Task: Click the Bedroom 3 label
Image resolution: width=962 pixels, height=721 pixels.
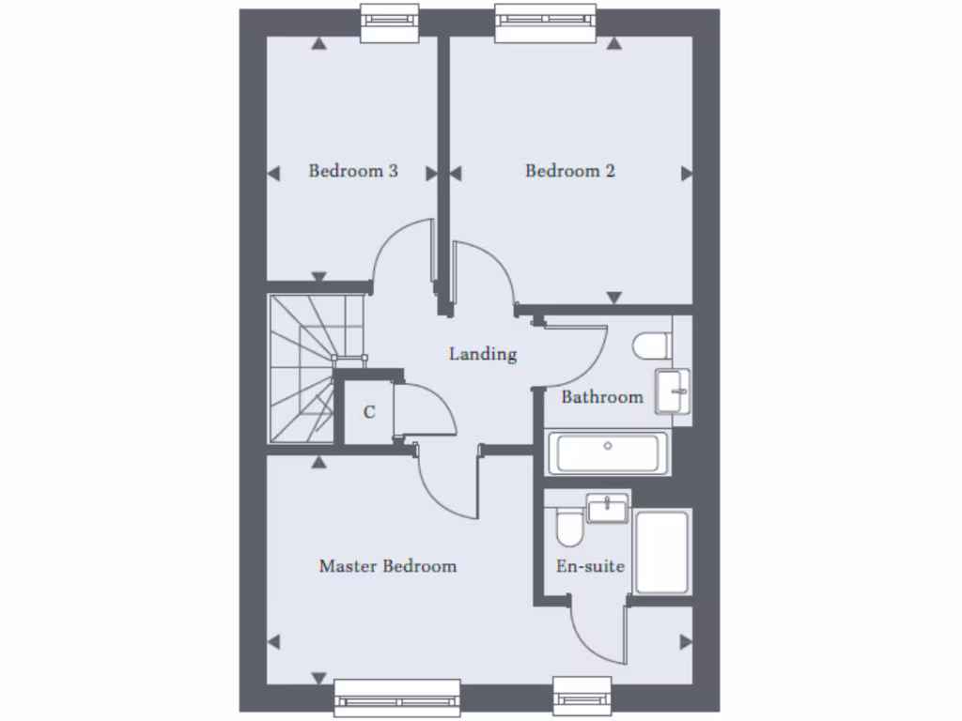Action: tap(353, 171)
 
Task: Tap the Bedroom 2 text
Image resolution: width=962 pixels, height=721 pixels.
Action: tap(570, 171)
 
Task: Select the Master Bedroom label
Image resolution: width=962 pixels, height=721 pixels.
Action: tap(387, 566)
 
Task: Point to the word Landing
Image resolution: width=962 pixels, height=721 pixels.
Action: tap(483, 354)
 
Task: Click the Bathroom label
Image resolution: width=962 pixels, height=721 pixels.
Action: tap(602, 397)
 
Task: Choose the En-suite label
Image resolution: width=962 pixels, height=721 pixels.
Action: tap(590, 566)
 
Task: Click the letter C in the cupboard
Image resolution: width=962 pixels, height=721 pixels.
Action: tap(369, 411)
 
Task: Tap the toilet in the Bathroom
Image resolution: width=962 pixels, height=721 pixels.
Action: tap(651, 346)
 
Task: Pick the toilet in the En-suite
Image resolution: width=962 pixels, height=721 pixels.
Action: tap(569, 529)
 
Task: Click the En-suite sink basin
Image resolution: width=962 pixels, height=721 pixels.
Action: tap(608, 509)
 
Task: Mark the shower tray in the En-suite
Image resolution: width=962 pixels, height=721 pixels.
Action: tap(662, 551)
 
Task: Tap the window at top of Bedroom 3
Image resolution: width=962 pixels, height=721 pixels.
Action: tap(389, 20)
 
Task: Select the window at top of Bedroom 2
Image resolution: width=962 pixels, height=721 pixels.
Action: tap(546, 20)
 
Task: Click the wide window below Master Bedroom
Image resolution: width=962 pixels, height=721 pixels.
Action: tap(397, 697)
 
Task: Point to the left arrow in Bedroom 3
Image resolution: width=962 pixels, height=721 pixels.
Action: tap(274, 174)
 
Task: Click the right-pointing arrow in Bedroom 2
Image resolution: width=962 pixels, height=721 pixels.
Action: tap(686, 174)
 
